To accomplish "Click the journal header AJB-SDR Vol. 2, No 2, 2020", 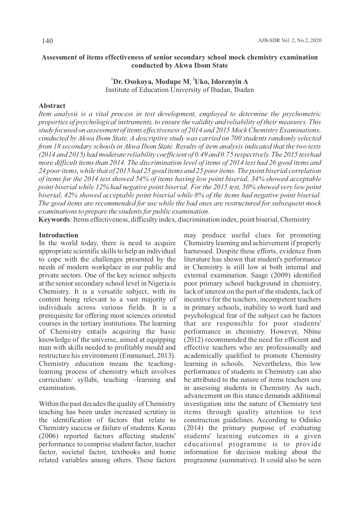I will click(x=290, y=41).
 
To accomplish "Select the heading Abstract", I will click(x=52, y=106).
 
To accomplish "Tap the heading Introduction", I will click(x=59, y=235).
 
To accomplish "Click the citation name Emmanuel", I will click(x=143, y=356).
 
